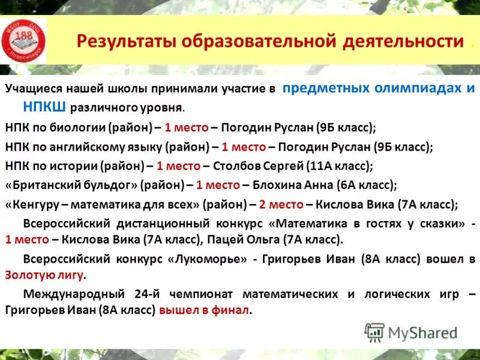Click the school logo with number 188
pyautogui.click(x=24, y=39)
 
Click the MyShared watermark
pyautogui.click(x=411, y=332)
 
